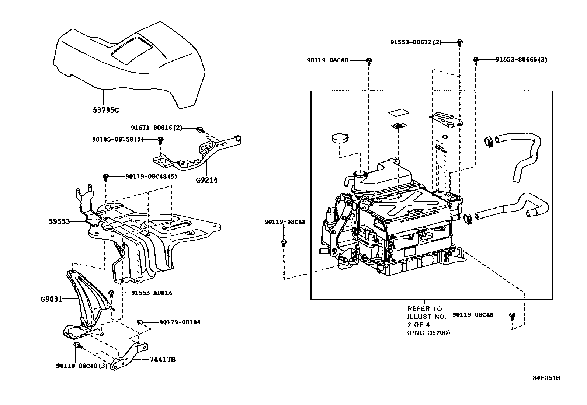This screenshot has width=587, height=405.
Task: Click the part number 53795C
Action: coord(106,110)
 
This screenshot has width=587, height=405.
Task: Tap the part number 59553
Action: coord(59,221)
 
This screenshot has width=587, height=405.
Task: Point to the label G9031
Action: coord(51,299)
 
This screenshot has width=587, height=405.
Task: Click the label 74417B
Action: coord(162,359)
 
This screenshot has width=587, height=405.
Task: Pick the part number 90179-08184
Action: coord(180,322)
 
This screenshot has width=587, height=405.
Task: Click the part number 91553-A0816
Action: coord(152,293)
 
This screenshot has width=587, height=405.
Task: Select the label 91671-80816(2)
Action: coord(157,128)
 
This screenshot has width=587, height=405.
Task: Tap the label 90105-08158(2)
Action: coord(118,139)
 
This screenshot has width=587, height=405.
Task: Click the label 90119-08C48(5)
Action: coord(151,177)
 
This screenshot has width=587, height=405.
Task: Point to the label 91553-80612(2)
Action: coord(416,42)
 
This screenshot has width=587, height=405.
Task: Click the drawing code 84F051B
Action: coord(546,378)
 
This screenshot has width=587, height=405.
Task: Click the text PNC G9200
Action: coord(429,333)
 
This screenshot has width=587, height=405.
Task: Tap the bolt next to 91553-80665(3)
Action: coord(476,60)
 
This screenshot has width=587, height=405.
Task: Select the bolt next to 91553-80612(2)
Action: coord(460,43)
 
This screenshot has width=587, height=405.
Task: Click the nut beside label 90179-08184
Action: coord(140,322)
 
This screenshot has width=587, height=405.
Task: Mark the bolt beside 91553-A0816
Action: coord(111,294)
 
